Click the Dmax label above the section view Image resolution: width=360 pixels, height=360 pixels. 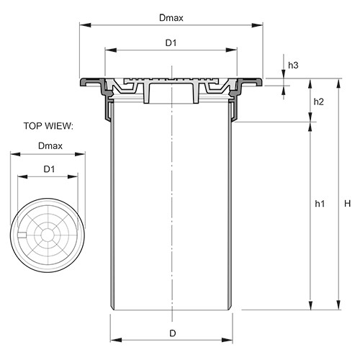pos(171,18)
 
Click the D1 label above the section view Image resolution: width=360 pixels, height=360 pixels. pos(171,43)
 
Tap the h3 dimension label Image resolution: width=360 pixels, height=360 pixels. pos(293,65)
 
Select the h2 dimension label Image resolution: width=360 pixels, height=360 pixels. pos(319,102)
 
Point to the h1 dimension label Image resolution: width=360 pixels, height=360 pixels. pos(320,204)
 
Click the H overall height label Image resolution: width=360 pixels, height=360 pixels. pos(347,204)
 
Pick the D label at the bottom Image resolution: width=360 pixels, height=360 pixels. pos(173,333)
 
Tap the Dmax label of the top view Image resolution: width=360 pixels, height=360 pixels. pos(50,146)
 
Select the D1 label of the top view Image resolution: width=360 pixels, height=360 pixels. pos(49,169)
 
